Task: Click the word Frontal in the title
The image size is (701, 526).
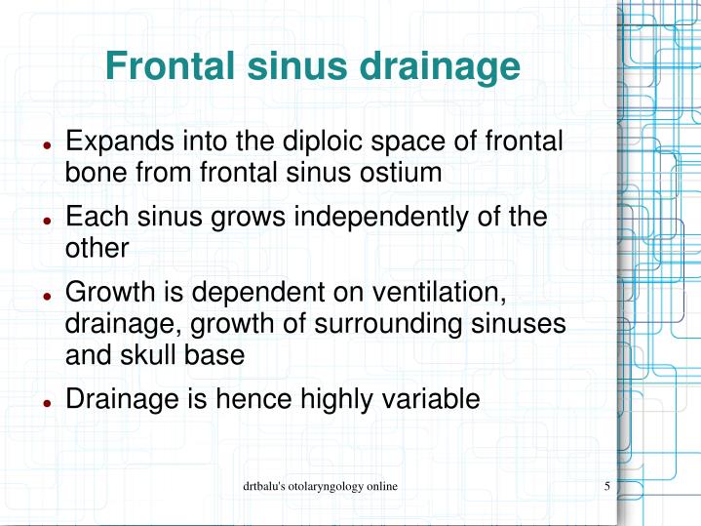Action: pos(169,67)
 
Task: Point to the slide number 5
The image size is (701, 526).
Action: pos(607,485)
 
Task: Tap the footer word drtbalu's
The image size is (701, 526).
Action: pos(266,485)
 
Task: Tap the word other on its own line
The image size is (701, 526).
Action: pos(97,248)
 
